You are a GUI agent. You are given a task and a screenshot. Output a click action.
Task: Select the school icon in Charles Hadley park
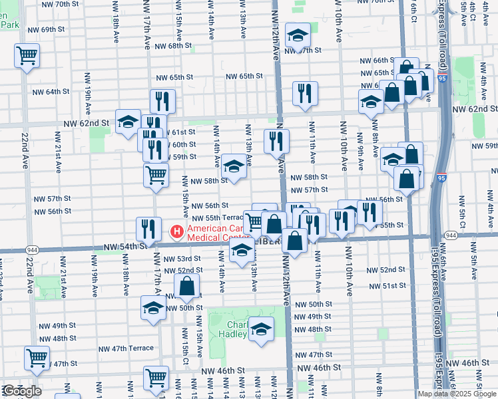click(x=262, y=329)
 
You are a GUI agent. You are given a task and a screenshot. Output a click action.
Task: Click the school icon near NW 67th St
click(x=298, y=36)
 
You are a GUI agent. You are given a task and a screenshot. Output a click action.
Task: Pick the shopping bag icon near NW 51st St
click(x=187, y=287)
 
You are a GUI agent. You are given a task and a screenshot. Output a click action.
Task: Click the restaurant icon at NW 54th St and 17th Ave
click(x=148, y=229)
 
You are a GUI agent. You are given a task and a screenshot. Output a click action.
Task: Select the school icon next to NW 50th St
click(x=153, y=308)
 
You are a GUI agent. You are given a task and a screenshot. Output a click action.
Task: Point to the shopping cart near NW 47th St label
click(x=37, y=357)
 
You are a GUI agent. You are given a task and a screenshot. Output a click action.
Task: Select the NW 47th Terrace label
click(x=126, y=348)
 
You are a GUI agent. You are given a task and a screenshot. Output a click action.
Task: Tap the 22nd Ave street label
click(x=24, y=150)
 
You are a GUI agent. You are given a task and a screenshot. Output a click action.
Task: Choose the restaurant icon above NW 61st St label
click(x=162, y=101)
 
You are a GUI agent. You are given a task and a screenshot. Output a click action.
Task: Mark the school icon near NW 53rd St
click(x=242, y=251)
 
